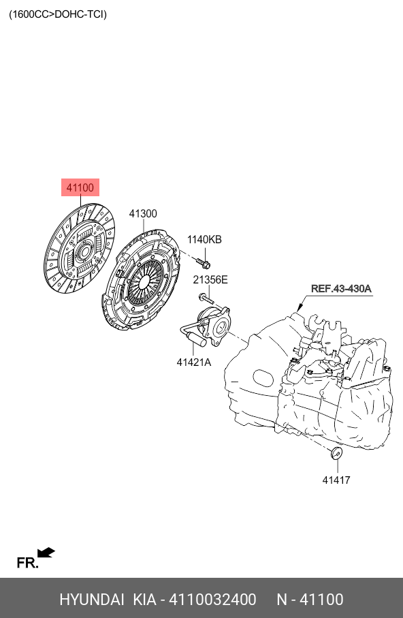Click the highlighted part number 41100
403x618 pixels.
pos(80,188)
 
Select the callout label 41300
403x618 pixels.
pos(143,214)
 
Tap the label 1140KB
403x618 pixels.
pos(204,239)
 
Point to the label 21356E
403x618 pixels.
pos(210,280)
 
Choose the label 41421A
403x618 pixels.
pos(193,362)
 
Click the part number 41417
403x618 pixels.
pos(336,480)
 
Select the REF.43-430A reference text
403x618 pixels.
pos(341,288)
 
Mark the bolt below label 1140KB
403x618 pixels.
pos(204,262)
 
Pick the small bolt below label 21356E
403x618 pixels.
pos(206,298)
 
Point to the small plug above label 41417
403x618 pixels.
pos(336,453)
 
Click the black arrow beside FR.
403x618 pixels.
pos(46,553)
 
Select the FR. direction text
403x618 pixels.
pos(28,562)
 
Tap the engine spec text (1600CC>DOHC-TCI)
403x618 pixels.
pos(58,14)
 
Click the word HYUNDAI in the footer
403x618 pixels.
pos(92,600)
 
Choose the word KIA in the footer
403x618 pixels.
pos(145,600)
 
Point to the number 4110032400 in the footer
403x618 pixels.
pos(212,600)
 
